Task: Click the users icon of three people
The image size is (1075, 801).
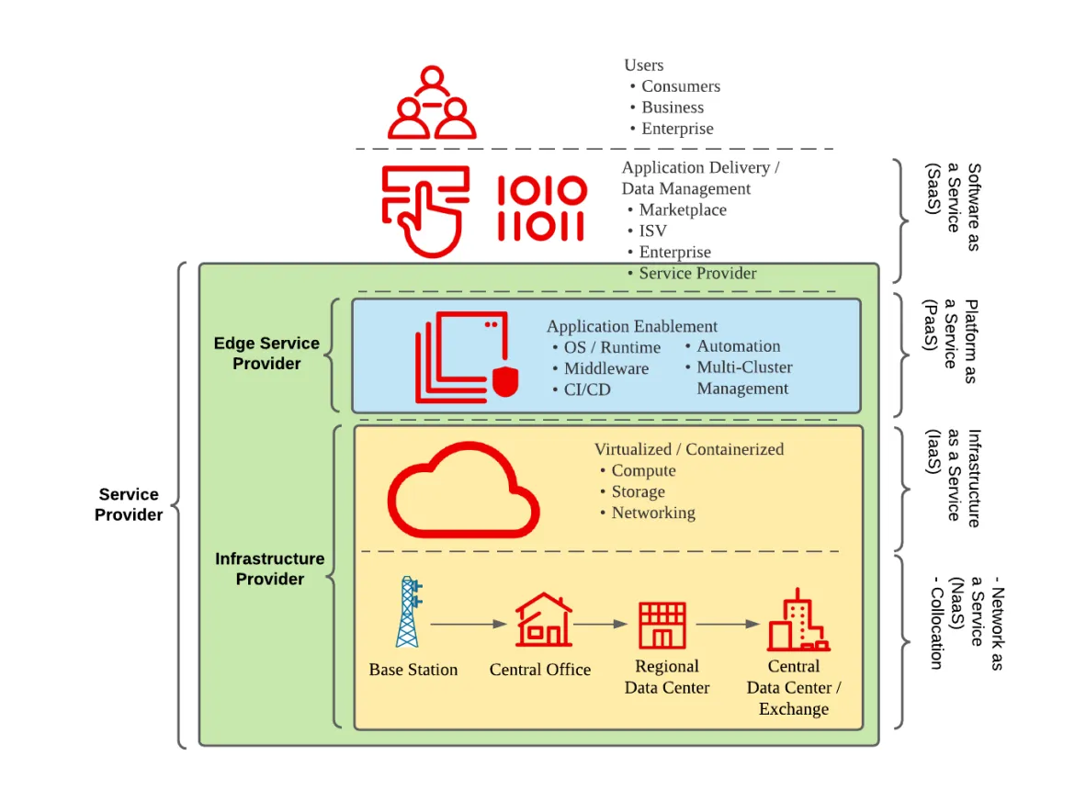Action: click(432, 103)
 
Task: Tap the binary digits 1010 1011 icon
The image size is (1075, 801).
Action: click(542, 208)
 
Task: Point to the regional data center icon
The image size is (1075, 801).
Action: click(662, 626)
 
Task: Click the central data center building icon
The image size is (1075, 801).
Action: click(797, 621)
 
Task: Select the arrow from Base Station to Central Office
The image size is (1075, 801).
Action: click(469, 625)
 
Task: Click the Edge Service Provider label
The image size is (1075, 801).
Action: click(266, 354)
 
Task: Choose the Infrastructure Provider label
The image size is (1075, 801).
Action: click(270, 569)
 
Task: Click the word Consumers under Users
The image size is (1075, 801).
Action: click(681, 86)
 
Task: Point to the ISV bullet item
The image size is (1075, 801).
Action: click(654, 231)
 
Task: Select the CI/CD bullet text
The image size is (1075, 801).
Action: click(587, 389)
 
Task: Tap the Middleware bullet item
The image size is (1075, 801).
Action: click(605, 368)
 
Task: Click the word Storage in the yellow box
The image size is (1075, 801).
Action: click(638, 491)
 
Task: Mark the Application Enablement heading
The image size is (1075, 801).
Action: click(632, 326)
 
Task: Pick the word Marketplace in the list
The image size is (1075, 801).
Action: click(683, 209)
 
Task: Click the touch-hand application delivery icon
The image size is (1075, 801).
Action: click(425, 209)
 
